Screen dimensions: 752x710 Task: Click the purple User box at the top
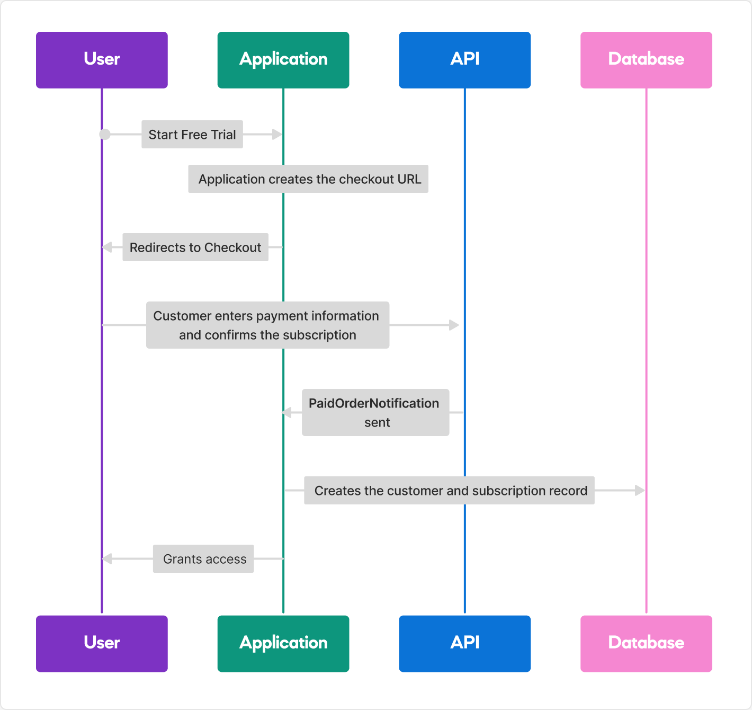102,60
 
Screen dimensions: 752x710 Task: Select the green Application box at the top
283,60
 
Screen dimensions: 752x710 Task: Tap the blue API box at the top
464,60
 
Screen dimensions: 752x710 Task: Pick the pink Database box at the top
646,60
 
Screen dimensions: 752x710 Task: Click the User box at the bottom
102,644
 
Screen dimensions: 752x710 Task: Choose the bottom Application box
283,644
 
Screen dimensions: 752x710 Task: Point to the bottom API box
464,644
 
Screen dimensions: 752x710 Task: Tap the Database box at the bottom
646,644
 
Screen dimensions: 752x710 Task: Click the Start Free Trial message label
192,135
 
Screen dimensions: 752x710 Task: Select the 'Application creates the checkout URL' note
308,179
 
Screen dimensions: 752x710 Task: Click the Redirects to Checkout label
195,247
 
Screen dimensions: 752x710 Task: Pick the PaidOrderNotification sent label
375,413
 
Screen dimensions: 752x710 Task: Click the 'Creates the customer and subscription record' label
450,491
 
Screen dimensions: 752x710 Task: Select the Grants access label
203,559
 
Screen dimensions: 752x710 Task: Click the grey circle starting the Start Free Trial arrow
105,134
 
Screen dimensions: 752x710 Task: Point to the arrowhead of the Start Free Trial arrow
277,134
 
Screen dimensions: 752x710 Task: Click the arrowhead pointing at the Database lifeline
640,490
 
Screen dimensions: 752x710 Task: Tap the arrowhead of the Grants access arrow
107,558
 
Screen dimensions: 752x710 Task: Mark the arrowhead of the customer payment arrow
454,325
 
